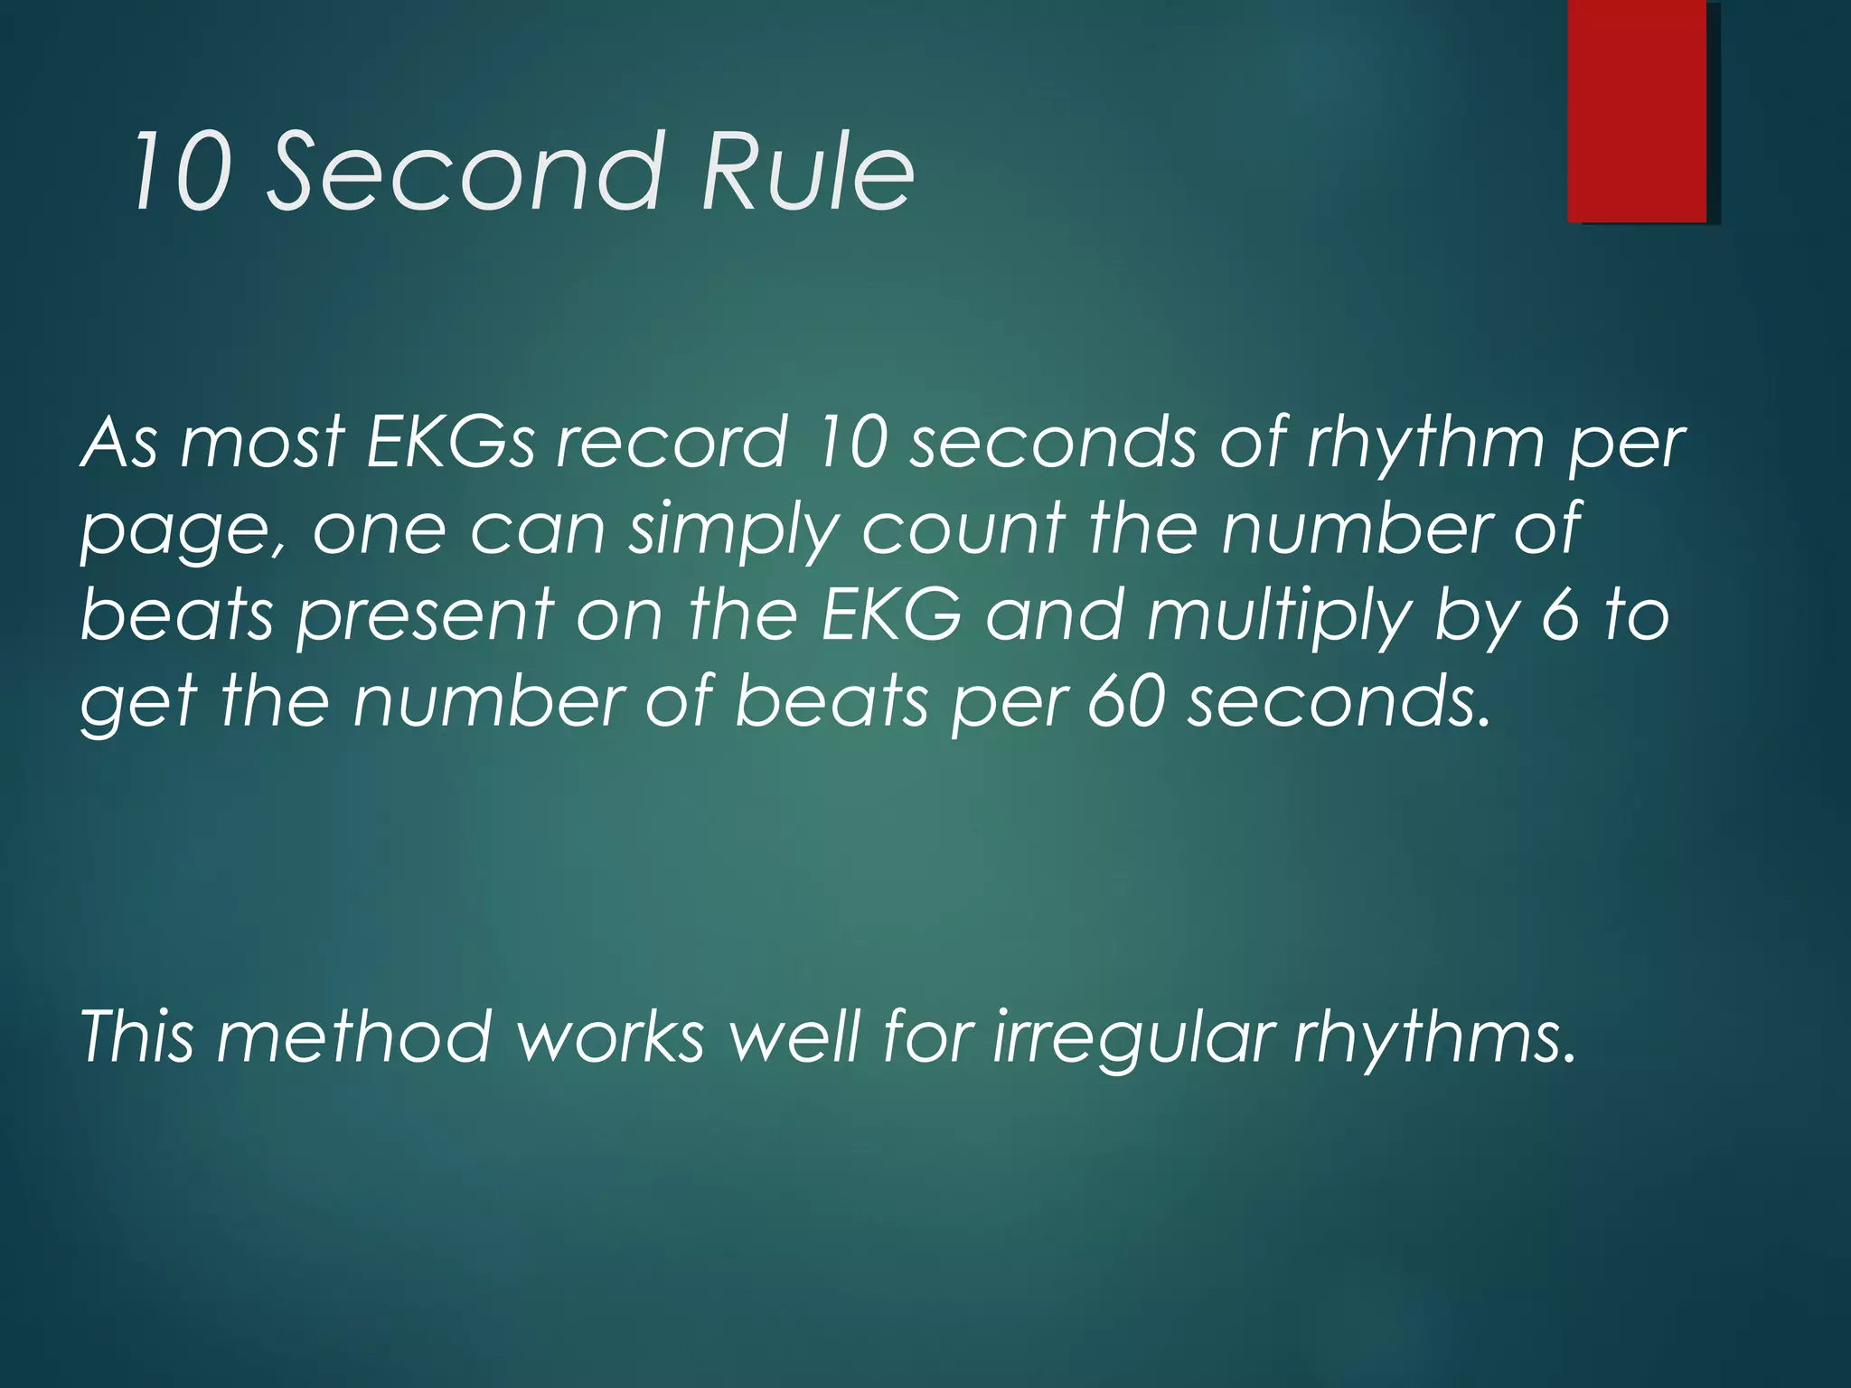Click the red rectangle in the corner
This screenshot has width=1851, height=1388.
pyautogui.click(x=1637, y=110)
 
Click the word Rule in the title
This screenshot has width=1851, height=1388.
pyautogui.click(x=807, y=172)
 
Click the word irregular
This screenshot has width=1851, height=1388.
pyautogui.click(x=1134, y=1037)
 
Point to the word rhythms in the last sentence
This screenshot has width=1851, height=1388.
pyautogui.click(x=1433, y=1037)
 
